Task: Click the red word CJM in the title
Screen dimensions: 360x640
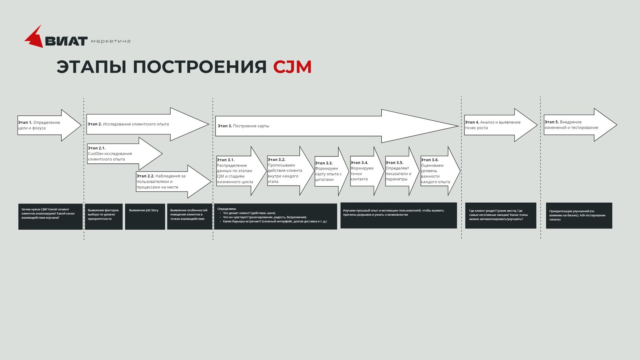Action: coord(292,67)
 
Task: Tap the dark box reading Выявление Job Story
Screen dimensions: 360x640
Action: coord(145,216)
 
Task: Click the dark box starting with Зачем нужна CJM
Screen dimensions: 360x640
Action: coord(50,216)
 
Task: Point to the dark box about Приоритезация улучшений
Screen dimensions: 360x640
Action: coord(579,216)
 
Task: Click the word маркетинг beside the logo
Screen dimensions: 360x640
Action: coord(111,41)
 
